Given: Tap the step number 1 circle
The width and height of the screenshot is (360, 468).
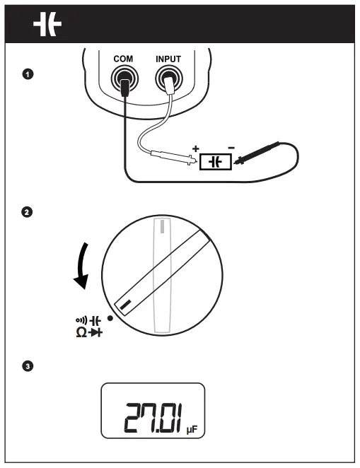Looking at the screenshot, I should coord(28,74).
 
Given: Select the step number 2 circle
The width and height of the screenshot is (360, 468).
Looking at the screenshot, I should coord(28,211).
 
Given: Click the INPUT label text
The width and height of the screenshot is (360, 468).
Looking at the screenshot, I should coord(169,60).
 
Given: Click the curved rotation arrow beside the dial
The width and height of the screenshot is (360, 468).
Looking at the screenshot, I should coord(83,265).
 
